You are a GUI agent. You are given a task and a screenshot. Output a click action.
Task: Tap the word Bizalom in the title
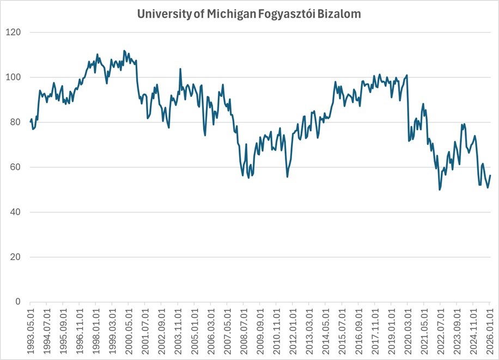click(342, 15)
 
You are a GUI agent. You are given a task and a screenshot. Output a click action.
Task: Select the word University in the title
click(163, 15)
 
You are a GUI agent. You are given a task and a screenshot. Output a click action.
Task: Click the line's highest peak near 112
click(124, 51)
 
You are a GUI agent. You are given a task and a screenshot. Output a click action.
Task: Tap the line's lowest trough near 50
click(440, 190)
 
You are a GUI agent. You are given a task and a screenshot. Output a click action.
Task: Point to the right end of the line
click(490, 175)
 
